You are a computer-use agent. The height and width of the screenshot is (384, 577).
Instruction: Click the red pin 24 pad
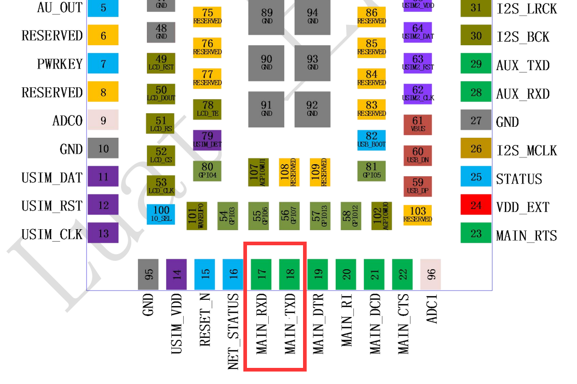point(476,205)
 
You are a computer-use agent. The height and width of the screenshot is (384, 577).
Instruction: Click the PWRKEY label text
point(60,64)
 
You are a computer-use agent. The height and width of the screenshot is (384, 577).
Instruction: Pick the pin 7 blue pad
point(103,63)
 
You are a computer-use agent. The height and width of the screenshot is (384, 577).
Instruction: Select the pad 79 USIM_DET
point(207,140)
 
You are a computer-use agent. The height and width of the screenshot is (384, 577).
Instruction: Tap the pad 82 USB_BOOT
point(372,140)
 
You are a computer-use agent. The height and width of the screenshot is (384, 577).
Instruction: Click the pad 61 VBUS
point(418,125)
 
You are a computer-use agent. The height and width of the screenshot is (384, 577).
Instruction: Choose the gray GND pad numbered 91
point(266,109)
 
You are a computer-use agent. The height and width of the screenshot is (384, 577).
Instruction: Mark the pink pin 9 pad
point(103,120)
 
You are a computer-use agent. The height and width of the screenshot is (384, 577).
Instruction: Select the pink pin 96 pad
point(431,274)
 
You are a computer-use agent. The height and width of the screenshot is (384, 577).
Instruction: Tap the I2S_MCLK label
point(526,151)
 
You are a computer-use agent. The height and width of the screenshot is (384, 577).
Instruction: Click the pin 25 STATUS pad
point(476,177)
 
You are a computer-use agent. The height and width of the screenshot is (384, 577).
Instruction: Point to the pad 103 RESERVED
point(418,214)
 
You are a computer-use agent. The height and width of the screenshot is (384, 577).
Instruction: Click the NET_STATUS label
point(233,332)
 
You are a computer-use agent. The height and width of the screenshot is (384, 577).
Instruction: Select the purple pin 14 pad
point(176,274)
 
